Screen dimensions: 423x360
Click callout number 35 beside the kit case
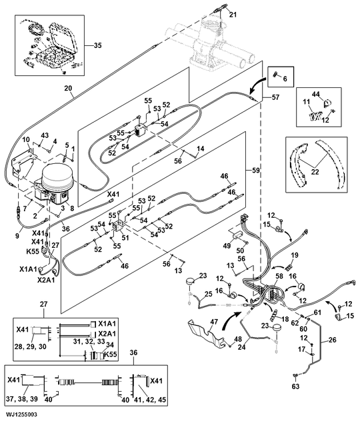tap(97, 46)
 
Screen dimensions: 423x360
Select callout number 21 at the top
tap(233, 14)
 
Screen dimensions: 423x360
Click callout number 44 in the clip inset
tap(315, 96)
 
